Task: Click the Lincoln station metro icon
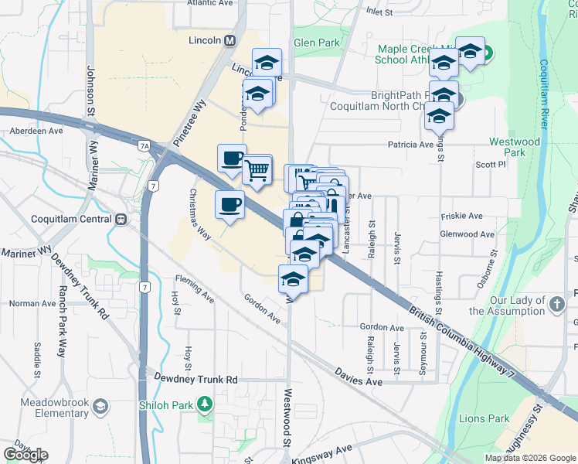coord(229,41)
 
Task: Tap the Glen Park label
coord(315,43)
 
